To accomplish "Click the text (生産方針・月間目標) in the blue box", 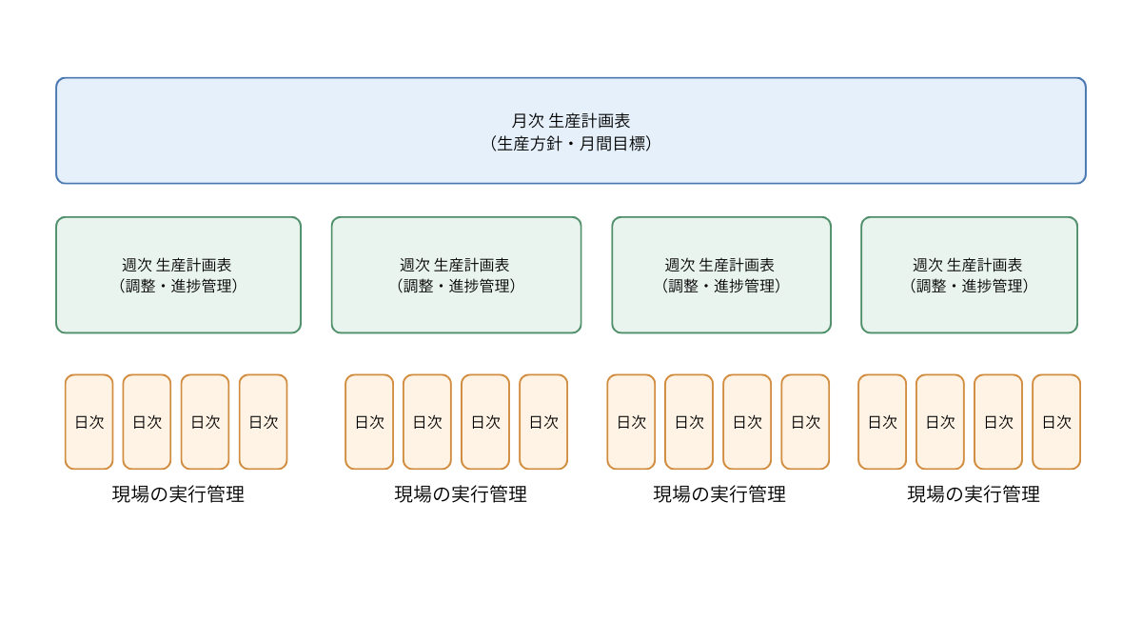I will [571, 144].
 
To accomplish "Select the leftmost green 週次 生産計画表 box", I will [178, 275].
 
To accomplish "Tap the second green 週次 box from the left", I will [456, 275].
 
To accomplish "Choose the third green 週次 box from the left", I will [721, 275].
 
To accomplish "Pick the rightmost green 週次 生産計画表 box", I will [969, 275].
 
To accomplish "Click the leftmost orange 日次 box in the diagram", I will [89, 422].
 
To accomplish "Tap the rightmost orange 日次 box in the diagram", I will [1056, 422].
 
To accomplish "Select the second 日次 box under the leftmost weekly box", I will [147, 422].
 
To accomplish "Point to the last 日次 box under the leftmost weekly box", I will [263, 422].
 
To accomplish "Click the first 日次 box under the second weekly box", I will [369, 422].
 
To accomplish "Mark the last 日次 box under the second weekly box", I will [543, 422].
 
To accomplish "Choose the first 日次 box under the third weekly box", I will [631, 422].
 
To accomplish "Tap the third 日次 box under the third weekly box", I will [747, 422].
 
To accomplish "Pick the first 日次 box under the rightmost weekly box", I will [882, 422].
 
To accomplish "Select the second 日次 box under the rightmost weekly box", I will [940, 422].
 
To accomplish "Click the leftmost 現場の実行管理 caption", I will [178, 494].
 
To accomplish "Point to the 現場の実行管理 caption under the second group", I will [461, 494].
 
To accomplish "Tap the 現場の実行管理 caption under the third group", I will [719, 494].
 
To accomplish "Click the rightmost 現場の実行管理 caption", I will [974, 494].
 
